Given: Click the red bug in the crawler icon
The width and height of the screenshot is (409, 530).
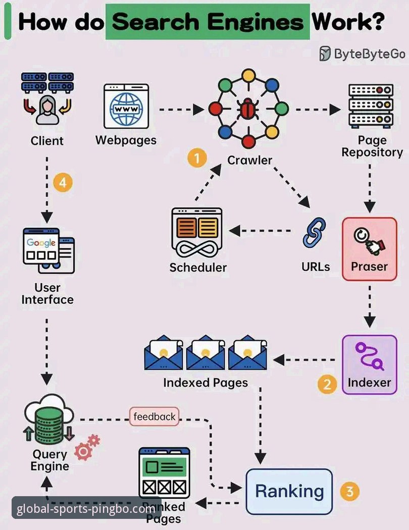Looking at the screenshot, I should coord(247,109).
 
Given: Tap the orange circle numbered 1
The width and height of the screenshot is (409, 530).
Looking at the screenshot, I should coord(197,158).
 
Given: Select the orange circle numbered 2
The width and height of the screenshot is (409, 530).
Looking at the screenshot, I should coord(327,385).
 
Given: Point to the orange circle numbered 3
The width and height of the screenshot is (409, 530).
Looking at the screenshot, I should coord(349,491).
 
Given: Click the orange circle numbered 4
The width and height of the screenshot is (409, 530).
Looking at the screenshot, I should coord(63,183).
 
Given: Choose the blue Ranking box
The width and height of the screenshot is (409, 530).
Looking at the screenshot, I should coord(289,491).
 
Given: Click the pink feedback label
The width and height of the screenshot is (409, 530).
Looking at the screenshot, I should coord(155,416).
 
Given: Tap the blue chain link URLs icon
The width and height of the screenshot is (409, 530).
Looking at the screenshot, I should coord(314,233).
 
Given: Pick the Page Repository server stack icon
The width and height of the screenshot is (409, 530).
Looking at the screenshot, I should coord(371,105).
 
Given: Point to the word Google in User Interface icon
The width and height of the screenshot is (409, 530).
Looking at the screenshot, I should coord(41,242).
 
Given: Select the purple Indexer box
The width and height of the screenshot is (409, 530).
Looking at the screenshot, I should coord(370,364).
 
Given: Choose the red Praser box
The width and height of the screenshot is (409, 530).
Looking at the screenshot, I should coord(369,248).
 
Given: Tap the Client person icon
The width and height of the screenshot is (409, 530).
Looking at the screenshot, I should coord(47,109).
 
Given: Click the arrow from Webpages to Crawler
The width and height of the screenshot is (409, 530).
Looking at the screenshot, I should coord(182,109).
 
